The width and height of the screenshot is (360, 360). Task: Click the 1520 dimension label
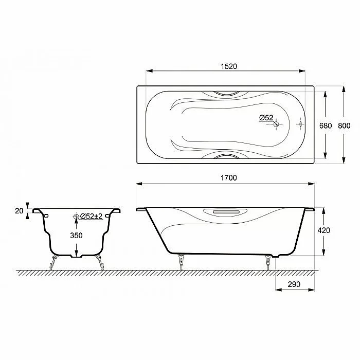click(x=229, y=66)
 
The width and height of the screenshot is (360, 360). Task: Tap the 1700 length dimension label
click(x=229, y=178)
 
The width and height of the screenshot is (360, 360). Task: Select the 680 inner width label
click(x=326, y=125)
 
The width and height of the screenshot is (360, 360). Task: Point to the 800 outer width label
click(x=344, y=125)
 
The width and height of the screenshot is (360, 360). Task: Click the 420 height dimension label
click(x=323, y=230)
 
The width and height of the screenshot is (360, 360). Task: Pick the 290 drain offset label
click(x=294, y=284)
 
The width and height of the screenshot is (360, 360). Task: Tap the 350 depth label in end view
click(x=76, y=236)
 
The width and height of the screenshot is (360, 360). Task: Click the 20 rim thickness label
click(x=20, y=211)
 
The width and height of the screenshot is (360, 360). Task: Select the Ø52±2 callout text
click(x=91, y=216)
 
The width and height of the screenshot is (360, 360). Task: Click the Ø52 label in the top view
click(x=266, y=118)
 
